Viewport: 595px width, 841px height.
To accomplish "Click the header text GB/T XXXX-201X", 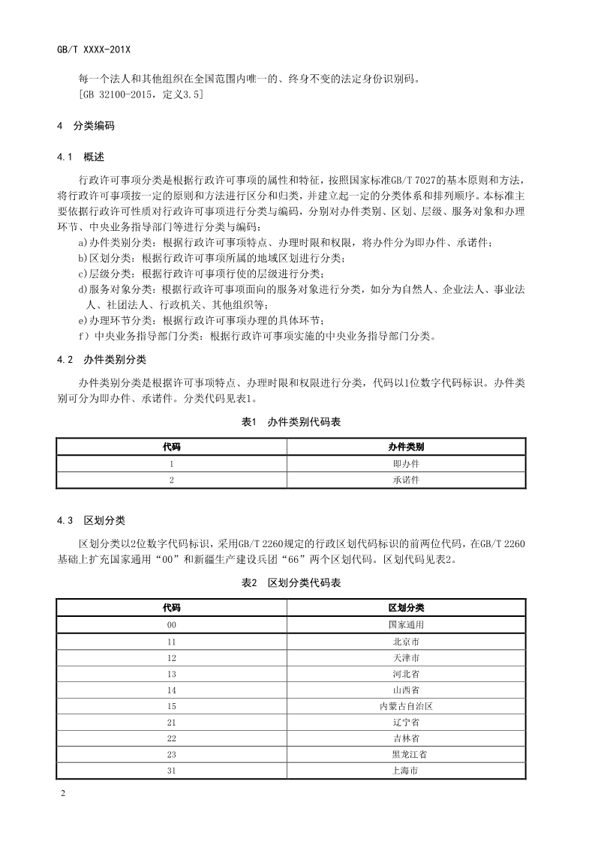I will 94,49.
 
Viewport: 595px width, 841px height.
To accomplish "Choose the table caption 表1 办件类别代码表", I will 291,423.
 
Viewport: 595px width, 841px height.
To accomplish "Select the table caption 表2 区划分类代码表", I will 291,583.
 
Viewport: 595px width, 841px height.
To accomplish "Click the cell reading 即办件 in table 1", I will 406,464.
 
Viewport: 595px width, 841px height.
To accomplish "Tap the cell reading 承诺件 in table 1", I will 406,480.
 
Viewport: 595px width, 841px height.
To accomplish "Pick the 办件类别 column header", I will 406,447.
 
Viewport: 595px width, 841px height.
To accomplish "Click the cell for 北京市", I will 406,641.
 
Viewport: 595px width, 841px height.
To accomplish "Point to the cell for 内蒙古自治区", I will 406,706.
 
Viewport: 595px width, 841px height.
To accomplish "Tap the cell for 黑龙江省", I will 406,755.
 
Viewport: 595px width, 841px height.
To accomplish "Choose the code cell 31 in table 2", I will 172,771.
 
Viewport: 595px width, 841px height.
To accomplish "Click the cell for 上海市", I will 406,771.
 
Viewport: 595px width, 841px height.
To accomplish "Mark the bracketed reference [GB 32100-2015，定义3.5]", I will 140,95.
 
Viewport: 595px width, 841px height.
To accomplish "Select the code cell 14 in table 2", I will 172,690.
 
